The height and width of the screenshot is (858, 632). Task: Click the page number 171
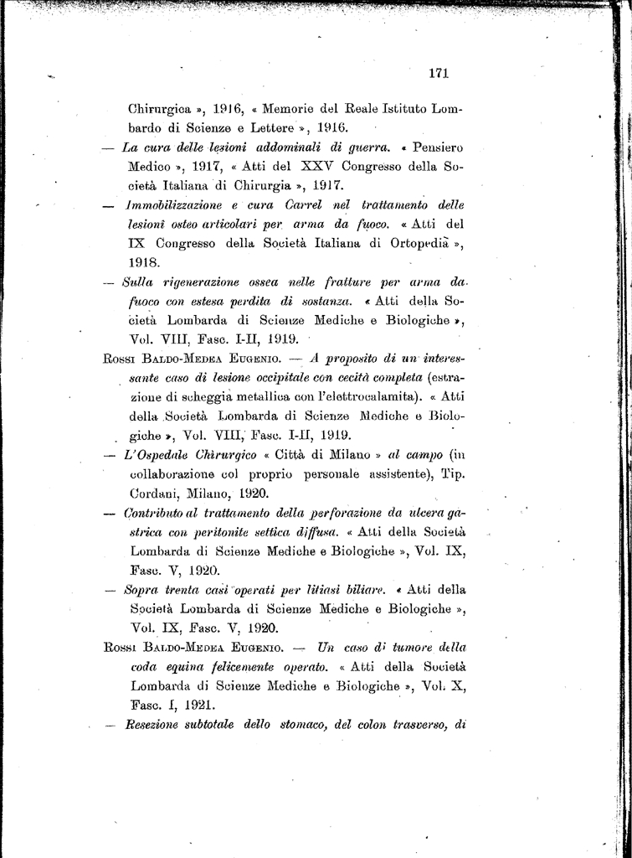439,73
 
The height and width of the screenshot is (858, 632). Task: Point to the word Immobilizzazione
176,204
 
